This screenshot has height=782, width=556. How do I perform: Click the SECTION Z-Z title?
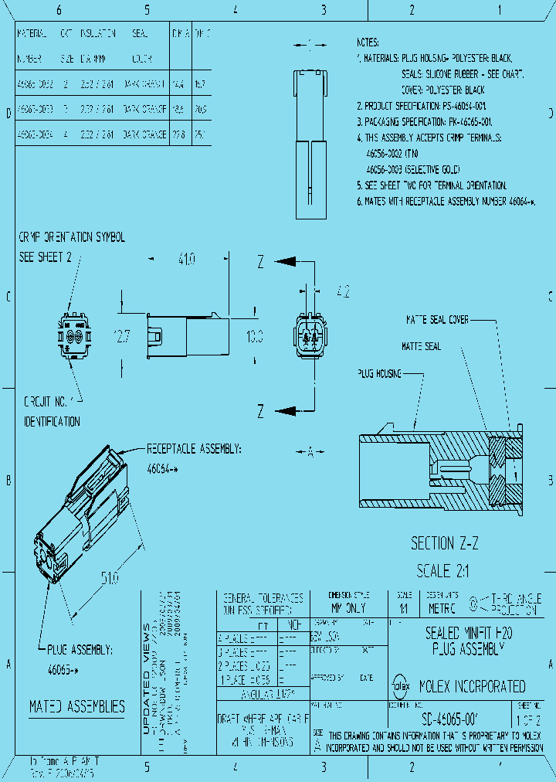point(445,543)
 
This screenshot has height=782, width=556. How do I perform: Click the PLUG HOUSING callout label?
point(379,373)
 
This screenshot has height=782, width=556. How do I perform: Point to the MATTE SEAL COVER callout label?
point(438,319)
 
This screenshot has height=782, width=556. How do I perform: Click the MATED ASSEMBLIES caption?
point(76,706)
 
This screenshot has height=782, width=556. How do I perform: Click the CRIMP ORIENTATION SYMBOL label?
point(71,237)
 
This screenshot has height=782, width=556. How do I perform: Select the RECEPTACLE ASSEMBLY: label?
point(195,448)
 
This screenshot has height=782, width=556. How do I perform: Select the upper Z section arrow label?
point(261,261)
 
